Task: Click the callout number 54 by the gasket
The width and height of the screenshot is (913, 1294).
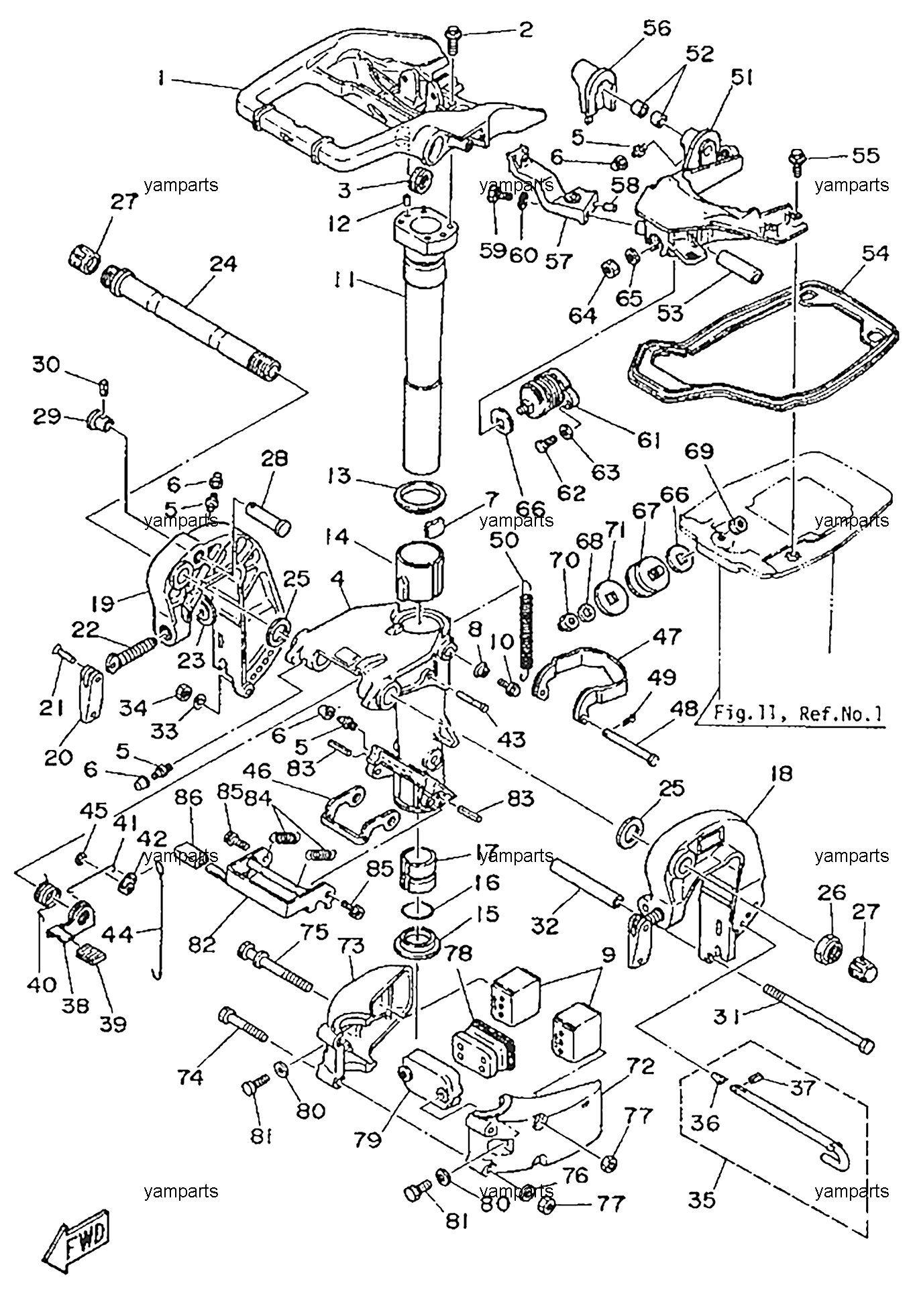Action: (x=875, y=254)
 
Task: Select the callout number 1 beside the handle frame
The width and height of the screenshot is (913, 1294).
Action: (x=162, y=78)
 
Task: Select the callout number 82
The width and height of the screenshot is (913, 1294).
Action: (x=203, y=945)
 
